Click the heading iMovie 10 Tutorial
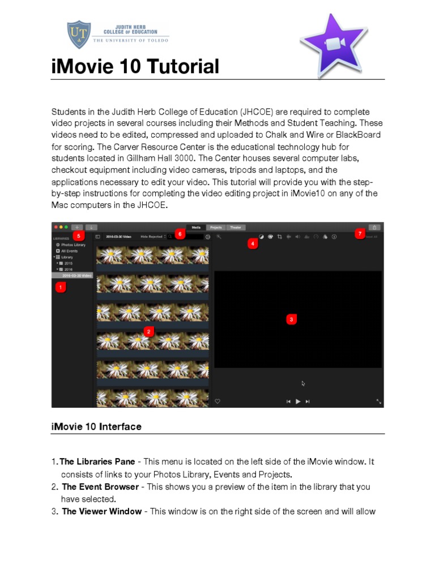pyautogui.click(x=135, y=67)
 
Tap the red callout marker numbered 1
pyautogui.click(x=61, y=288)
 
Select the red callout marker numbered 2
pyautogui.click(x=149, y=331)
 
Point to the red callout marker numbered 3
pyautogui.click(x=291, y=319)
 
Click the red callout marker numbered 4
pyautogui.click(x=252, y=244)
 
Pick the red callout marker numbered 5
pyautogui.click(x=78, y=235)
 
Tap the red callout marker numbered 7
pyautogui.click(x=359, y=233)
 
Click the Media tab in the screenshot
pyautogui.click(x=196, y=227)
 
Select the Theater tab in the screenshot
pyautogui.click(x=235, y=227)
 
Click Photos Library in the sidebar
pyautogui.click(x=74, y=245)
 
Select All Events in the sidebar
pyautogui.click(x=70, y=251)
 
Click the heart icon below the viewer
pyautogui.click(x=217, y=401)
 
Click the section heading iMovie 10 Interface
pyautogui.click(x=96, y=427)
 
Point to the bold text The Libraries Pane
pyautogui.click(x=97, y=462)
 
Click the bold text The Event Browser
pyautogui.click(x=100, y=487)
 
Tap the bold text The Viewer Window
pyautogui.click(x=102, y=511)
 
